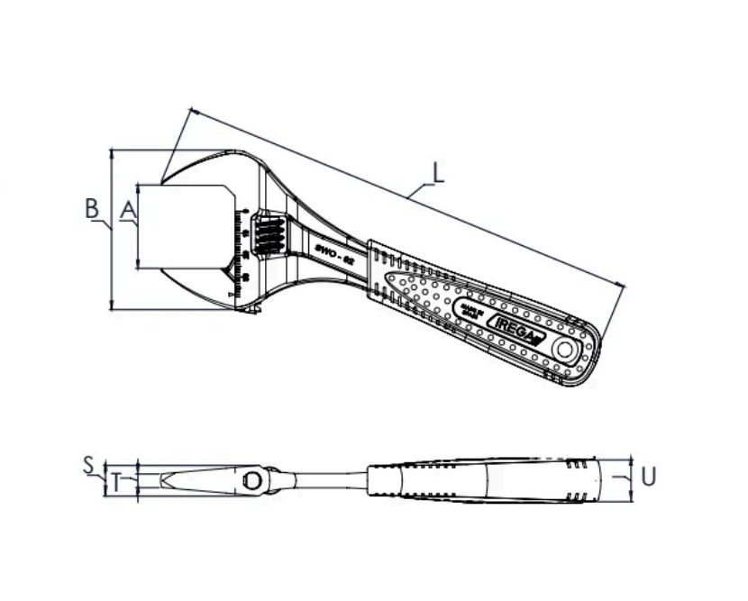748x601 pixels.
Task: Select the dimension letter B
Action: coord(92,208)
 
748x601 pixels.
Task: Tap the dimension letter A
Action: coord(128,211)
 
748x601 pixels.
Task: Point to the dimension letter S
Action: coord(88,465)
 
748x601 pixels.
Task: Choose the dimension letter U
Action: coord(647,475)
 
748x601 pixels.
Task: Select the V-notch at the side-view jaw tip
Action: coord(163,479)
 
